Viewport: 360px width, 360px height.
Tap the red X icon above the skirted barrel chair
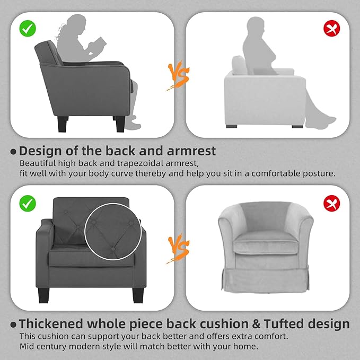coord(332,203)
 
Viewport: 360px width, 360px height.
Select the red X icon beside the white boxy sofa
coord(332,28)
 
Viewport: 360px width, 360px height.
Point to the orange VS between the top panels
coord(179,74)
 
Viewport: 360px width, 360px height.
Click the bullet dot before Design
coord(13,152)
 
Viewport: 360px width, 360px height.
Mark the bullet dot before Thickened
coord(13,324)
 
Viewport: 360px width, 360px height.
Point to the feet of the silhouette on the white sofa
coord(326,119)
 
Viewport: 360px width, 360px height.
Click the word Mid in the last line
coord(27,346)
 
